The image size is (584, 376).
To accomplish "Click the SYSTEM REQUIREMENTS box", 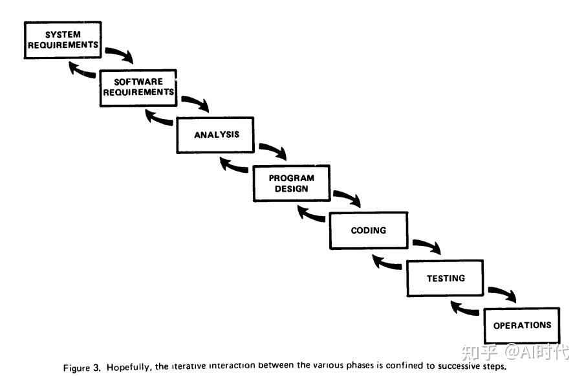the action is pos(63,40).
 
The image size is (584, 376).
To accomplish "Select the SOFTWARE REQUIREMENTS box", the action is pos(138,87).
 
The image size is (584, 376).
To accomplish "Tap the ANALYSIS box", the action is pos(215,135).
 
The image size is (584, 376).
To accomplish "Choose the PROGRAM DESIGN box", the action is pos(292,183).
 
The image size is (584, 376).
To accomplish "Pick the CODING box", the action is pos(369,230).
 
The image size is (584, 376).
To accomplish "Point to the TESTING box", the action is pos(445,278).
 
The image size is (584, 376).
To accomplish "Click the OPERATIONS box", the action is pos(522,326).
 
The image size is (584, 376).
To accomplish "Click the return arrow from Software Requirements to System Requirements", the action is pos(81,71).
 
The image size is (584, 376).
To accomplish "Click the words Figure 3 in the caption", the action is pos(82,368).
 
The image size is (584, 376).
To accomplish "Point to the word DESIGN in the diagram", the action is pos(292,188).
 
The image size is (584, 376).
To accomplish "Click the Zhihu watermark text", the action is pos(515,351).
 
